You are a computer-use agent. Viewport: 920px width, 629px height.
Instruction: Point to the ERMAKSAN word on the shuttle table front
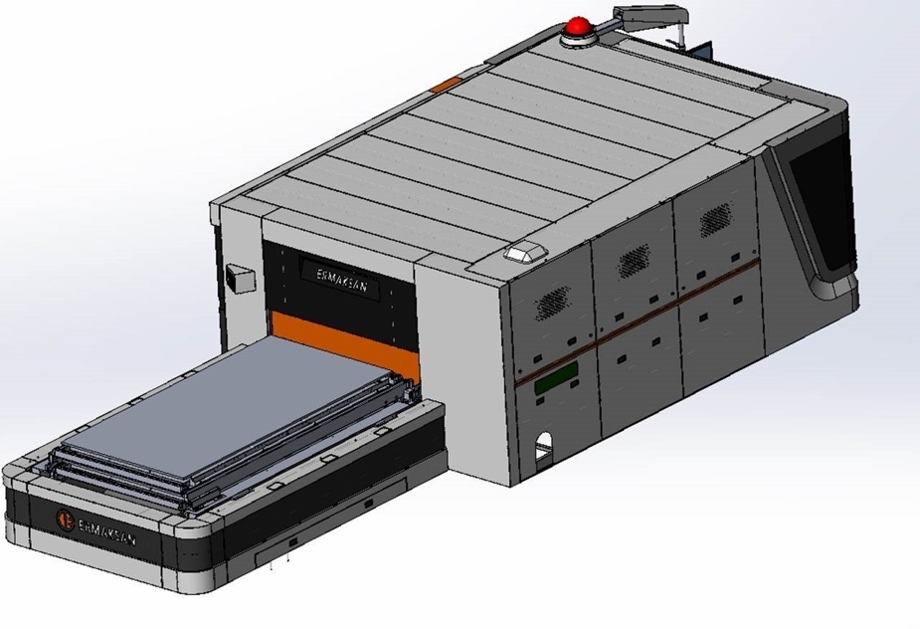(x=106, y=529)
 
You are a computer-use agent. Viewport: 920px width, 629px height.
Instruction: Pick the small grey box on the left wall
(x=241, y=279)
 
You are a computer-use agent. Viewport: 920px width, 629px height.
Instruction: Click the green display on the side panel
(x=556, y=378)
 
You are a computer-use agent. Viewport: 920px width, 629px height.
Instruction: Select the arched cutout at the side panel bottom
(x=544, y=451)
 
